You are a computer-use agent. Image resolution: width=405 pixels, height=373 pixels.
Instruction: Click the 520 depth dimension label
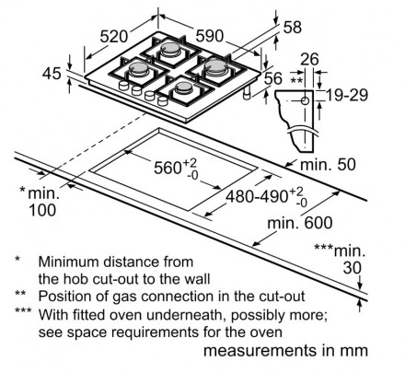pyautogui.click(x=113, y=37)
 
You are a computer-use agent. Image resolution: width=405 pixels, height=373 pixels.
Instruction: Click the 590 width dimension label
pyautogui.click(x=210, y=36)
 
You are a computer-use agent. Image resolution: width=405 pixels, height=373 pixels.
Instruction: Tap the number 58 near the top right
pyautogui.click(x=293, y=27)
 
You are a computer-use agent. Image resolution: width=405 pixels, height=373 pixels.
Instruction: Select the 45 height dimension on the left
pyautogui.click(x=52, y=74)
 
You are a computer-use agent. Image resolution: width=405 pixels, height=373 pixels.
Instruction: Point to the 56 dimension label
pyautogui.click(x=272, y=78)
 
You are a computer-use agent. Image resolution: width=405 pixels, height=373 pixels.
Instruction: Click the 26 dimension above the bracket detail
pyautogui.click(x=309, y=59)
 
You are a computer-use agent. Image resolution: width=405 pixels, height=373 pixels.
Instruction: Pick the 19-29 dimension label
pyautogui.click(x=347, y=95)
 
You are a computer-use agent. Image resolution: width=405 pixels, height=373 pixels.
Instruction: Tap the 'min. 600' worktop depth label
pyautogui.click(x=300, y=223)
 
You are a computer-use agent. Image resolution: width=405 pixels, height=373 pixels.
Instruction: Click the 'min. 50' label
pyautogui.click(x=328, y=165)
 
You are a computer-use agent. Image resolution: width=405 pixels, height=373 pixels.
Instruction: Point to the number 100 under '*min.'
pyautogui.click(x=42, y=210)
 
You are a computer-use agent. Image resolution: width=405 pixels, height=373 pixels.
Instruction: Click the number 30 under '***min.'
pyautogui.click(x=353, y=268)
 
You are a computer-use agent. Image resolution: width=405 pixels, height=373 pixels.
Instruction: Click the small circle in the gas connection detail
pyautogui.click(x=305, y=100)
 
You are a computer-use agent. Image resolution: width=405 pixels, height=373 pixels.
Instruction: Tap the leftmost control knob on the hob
pyautogui.click(x=123, y=86)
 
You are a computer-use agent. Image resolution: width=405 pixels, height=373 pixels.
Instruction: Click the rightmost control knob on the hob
pyautogui.click(x=162, y=100)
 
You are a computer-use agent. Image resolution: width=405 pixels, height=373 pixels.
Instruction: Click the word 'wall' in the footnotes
pyautogui.click(x=197, y=279)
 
